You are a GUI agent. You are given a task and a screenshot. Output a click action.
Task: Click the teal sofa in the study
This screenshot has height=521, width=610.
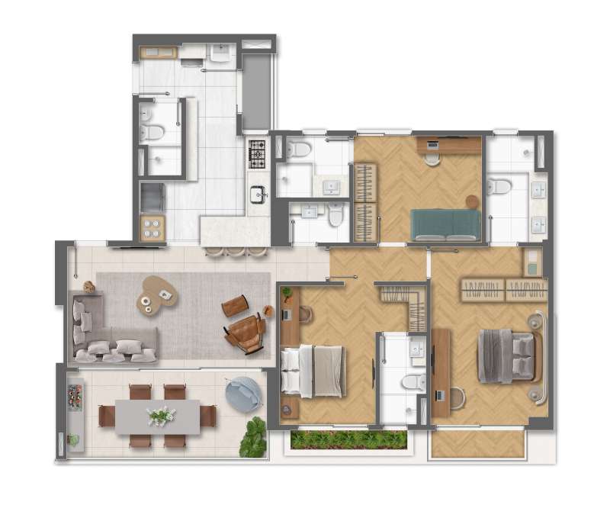(446, 224)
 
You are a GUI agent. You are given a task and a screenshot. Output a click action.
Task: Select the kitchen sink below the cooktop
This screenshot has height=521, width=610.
(258, 194)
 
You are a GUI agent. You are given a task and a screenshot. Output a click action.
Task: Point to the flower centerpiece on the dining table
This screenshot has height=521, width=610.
(162, 416)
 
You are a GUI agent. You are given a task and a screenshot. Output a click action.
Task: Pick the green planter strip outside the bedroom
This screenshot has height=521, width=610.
(349, 440)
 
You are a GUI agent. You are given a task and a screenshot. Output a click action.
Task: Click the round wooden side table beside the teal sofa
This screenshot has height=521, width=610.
(472, 201)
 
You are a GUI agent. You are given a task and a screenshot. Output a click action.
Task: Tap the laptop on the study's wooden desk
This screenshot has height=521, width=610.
(432, 144)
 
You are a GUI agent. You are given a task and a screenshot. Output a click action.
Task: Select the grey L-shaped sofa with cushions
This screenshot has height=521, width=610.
(107, 336)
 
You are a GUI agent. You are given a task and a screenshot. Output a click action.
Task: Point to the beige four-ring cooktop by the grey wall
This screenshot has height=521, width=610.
(152, 227)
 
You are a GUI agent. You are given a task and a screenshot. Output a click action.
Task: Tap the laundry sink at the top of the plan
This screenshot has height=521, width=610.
(221, 53)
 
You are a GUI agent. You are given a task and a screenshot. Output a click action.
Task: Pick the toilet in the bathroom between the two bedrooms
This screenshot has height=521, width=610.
(412, 381)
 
